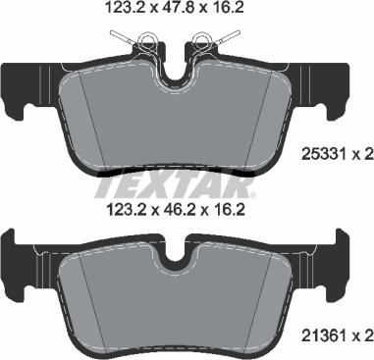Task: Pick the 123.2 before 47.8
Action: [122, 11]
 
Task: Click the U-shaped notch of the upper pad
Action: [176, 73]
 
